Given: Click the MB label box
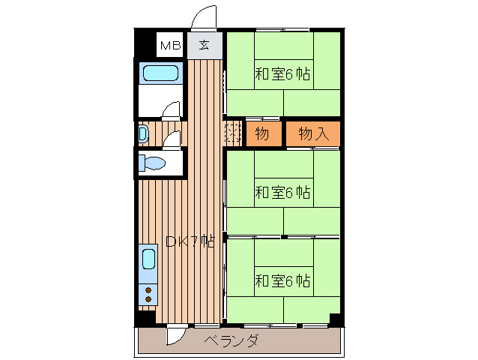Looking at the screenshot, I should (x=171, y=45).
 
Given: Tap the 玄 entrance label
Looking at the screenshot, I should (x=204, y=45).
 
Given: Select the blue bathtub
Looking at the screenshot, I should (x=161, y=73).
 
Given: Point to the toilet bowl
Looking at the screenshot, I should (x=155, y=163).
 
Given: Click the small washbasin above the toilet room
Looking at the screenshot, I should (x=142, y=134).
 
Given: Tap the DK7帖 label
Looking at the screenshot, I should (x=190, y=241).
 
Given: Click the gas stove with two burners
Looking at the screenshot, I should (x=148, y=294).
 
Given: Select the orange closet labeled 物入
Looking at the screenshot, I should (x=312, y=135).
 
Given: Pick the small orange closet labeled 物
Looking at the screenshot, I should (x=261, y=135).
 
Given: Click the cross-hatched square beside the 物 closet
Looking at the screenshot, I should (x=232, y=135).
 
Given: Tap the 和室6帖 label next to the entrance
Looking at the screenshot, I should (x=282, y=74).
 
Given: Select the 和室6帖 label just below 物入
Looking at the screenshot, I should (x=282, y=192).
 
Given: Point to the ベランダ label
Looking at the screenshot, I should (x=232, y=342).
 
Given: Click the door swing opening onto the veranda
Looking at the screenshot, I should (x=175, y=335).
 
